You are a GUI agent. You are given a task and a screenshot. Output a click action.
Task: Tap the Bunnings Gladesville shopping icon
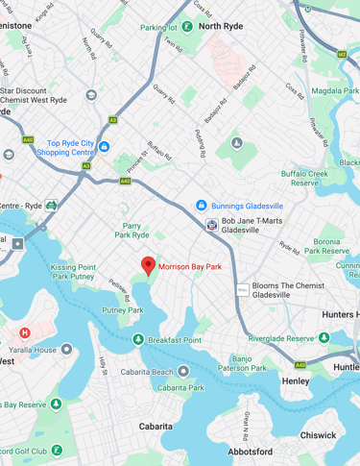pos(201,205)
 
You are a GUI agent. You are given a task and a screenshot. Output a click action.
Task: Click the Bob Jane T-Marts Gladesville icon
pos(211,225)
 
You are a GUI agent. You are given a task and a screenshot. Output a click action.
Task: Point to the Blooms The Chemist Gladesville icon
pos(243,289)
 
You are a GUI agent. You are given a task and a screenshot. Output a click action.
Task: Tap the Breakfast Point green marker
pos(139,339)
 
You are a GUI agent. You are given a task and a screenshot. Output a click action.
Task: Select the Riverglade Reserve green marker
pos(324,338)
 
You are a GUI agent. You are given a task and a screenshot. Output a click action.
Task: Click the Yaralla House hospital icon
pos(25,332)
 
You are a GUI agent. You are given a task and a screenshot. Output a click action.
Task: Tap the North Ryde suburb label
pos(224,27)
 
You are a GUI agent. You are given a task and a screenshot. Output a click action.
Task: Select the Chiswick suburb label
pos(318,434)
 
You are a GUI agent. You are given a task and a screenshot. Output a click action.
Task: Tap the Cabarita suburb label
pos(156,426)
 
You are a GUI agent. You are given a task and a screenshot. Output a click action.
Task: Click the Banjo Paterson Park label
pos(242,363)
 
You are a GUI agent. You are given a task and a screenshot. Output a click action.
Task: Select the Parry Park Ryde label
pos(132,230)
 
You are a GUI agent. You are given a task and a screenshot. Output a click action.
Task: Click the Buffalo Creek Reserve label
pos(305,178)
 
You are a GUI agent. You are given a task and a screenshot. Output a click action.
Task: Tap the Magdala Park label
pos(333,90)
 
